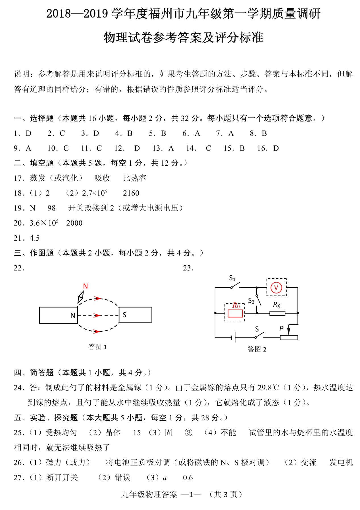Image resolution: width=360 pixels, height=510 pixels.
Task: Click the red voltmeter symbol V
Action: pos(276,288)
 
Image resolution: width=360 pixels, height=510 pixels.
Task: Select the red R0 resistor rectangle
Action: pos(235,313)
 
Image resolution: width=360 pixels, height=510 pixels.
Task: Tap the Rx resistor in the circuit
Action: pos(277,313)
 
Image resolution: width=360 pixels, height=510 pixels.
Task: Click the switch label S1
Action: pos(232,278)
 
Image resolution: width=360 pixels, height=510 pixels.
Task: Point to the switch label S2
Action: pos(251,301)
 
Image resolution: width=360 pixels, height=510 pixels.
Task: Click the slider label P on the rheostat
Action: pos(281,328)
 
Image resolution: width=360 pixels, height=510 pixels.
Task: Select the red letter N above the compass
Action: pos(85,286)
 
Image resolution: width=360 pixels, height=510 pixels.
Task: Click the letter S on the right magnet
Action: pos(124,315)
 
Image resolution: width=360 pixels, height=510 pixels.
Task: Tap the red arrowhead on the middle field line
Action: pos(97,315)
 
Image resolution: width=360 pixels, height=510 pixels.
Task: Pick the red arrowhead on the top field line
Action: pos(98,298)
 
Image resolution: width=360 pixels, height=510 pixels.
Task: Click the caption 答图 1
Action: pos(97,347)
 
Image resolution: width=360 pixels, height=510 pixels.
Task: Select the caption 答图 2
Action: pos(257,349)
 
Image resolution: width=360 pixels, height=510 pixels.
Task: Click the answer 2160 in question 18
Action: pos(131,193)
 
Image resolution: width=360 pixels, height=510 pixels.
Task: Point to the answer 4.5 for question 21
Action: pos(34,238)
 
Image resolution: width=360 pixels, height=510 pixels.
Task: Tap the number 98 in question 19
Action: pos(51,208)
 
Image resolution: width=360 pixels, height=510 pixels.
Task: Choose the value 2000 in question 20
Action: pos(74,223)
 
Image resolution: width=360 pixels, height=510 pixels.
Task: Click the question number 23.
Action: pos(188,268)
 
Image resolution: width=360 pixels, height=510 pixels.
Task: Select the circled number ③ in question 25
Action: pos(188,432)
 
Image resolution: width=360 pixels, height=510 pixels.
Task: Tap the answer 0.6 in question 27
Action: pos(188,478)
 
